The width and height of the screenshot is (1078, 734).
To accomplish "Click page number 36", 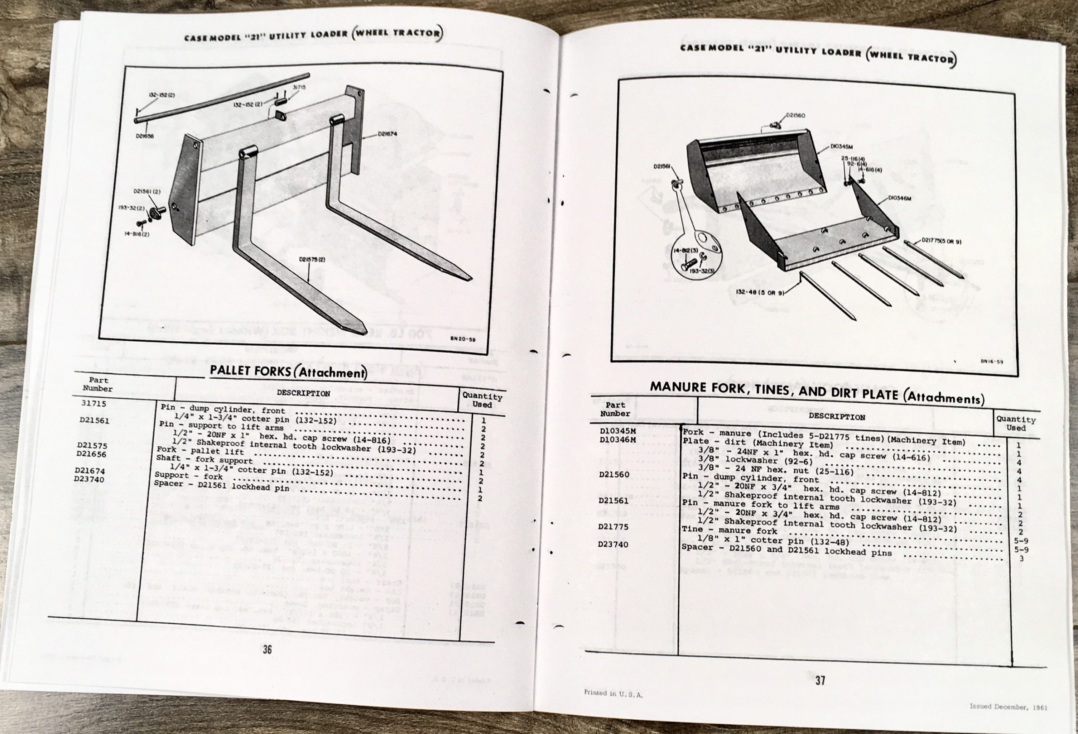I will click(x=267, y=649).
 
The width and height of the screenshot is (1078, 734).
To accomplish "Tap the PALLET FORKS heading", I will click(x=251, y=370).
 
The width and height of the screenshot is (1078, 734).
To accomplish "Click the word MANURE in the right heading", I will click(x=676, y=386).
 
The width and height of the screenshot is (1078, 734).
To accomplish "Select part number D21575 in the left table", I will click(x=91, y=445).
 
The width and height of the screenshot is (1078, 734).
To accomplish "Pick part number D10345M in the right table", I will click(x=617, y=430).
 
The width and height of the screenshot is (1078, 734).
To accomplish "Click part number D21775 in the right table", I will click(x=613, y=527).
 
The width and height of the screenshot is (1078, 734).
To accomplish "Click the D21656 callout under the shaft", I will click(x=145, y=136).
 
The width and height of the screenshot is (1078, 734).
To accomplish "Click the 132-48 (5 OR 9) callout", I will click(x=759, y=292).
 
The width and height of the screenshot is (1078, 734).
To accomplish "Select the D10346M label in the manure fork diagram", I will click(x=899, y=199).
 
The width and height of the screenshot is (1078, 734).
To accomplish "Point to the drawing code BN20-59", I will click(x=460, y=338).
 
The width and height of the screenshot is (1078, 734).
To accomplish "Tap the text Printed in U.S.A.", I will click(x=613, y=693).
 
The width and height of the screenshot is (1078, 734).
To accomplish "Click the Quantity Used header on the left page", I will click(x=482, y=400).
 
